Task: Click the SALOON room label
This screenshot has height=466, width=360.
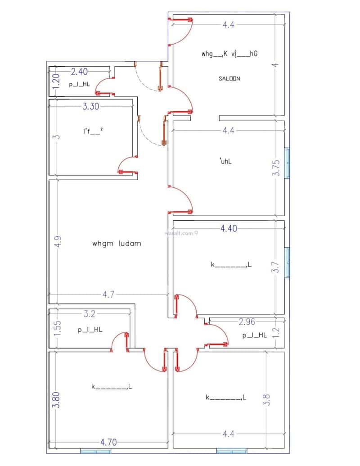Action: point(229,78)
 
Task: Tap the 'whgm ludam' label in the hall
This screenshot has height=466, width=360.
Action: point(117,244)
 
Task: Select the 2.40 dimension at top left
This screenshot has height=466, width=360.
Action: point(79,71)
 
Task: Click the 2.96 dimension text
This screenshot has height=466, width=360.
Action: point(247,321)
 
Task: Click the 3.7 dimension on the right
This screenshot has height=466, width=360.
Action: point(277,267)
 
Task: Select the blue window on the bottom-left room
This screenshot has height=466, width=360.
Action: point(95,451)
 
